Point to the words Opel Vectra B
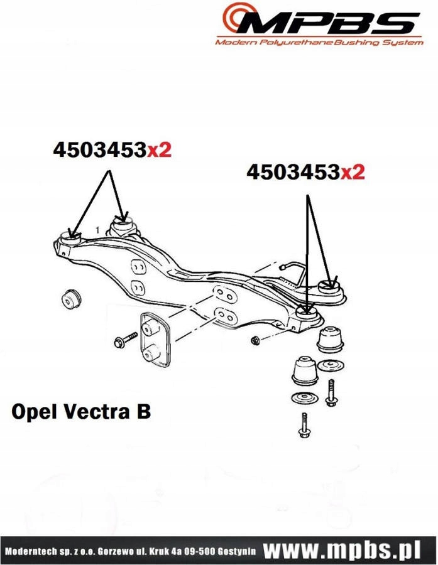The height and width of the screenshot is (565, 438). point(81,412)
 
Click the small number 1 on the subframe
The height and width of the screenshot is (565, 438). point(97,230)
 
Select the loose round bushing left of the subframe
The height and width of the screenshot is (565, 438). point(72,296)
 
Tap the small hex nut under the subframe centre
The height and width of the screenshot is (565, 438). point(256,340)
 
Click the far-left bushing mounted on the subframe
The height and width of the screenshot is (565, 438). point(71,238)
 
